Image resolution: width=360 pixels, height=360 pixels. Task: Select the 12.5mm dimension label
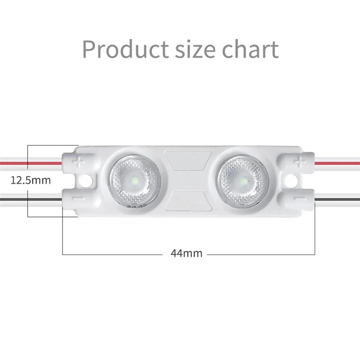(31, 180)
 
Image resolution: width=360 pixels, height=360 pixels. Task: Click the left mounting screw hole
(88, 180)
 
